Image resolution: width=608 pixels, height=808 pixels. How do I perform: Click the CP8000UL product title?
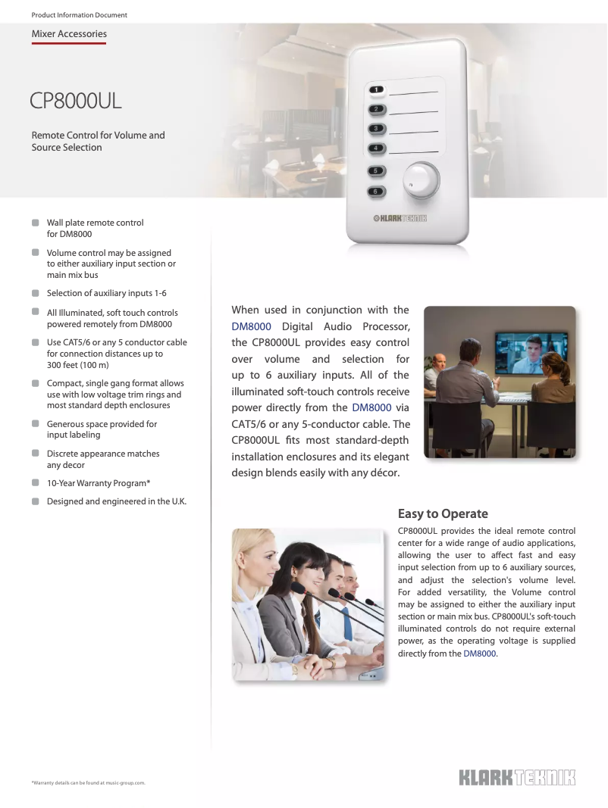tap(76, 101)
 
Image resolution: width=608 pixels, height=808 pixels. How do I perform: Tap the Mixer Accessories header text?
tap(69, 34)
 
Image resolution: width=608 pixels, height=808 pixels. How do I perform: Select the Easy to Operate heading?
tap(443, 514)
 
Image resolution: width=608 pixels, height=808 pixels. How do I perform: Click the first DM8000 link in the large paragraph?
tap(251, 327)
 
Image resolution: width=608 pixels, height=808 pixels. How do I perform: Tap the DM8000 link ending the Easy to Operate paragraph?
tap(480, 654)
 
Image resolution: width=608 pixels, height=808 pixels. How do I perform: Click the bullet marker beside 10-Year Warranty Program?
tap(35, 483)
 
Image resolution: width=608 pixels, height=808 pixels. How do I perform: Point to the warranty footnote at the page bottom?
tap(88, 782)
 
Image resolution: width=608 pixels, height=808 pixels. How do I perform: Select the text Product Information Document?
tap(80, 15)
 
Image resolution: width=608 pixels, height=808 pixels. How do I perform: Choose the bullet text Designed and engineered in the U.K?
tap(117, 501)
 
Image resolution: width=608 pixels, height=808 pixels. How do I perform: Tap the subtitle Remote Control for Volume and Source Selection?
tap(98, 142)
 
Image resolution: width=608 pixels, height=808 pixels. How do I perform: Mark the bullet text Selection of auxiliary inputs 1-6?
tap(106, 293)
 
